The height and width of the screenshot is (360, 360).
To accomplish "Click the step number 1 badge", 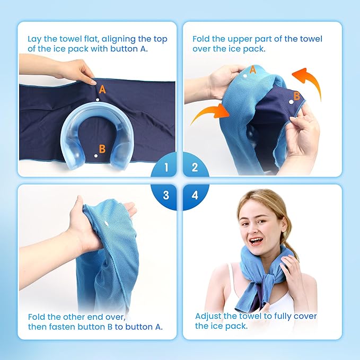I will [166, 168].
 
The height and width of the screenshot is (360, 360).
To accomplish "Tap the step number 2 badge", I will [195, 168].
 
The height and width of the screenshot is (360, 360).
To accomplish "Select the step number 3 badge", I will [166, 195].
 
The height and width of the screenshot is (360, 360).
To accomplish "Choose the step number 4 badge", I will [195, 195].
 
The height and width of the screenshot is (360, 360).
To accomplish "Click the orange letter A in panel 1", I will [102, 90].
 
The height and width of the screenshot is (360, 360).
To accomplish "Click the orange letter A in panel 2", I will [253, 69].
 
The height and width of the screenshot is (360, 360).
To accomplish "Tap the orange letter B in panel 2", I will [297, 96].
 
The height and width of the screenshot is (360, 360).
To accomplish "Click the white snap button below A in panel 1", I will [98, 100].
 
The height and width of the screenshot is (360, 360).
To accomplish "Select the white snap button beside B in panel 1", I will [95, 155].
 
